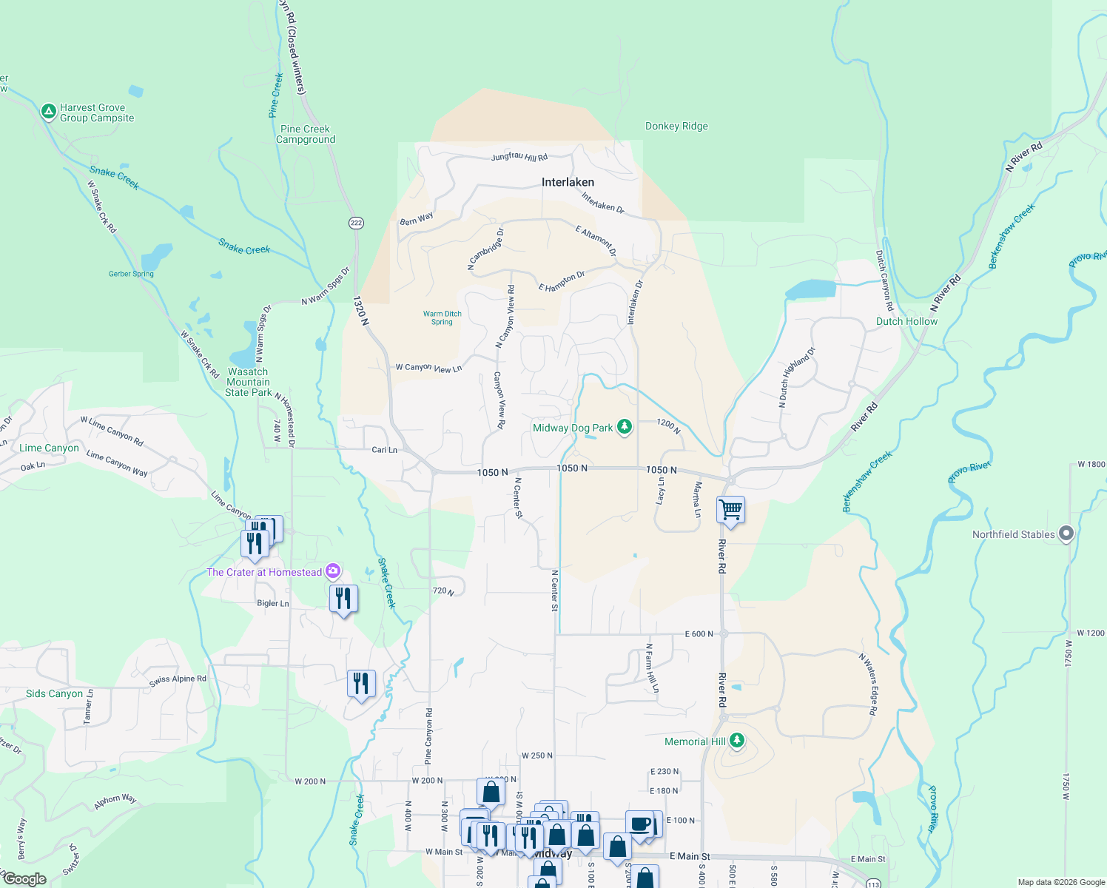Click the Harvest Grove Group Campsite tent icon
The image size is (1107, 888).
click(48, 112)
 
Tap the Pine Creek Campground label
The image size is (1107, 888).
click(306, 134)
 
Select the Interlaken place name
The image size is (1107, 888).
click(568, 182)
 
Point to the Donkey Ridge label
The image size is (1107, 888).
click(676, 127)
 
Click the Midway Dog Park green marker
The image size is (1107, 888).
click(625, 427)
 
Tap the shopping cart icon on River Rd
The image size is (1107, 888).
click(730, 509)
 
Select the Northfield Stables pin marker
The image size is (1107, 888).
click(1066, 534)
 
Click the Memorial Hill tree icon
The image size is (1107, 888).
click(736, 741)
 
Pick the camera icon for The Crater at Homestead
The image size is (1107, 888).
click(333, 571)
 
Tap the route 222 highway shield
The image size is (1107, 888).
click(357, 223)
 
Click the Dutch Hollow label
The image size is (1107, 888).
click(906, 321)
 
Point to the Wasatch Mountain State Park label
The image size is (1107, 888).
click(249, 382)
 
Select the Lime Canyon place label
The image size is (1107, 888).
click(49, 448)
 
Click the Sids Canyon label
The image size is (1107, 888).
click(54, 693)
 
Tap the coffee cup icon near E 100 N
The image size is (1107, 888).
click(640, 824)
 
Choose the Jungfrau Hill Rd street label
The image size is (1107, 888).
click(519, 157)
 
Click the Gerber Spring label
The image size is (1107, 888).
click(131, 274)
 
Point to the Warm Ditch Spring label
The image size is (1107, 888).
click(442, 317)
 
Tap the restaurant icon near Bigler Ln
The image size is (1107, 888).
click(343, 598)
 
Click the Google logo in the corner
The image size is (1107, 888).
click(24, 879)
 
